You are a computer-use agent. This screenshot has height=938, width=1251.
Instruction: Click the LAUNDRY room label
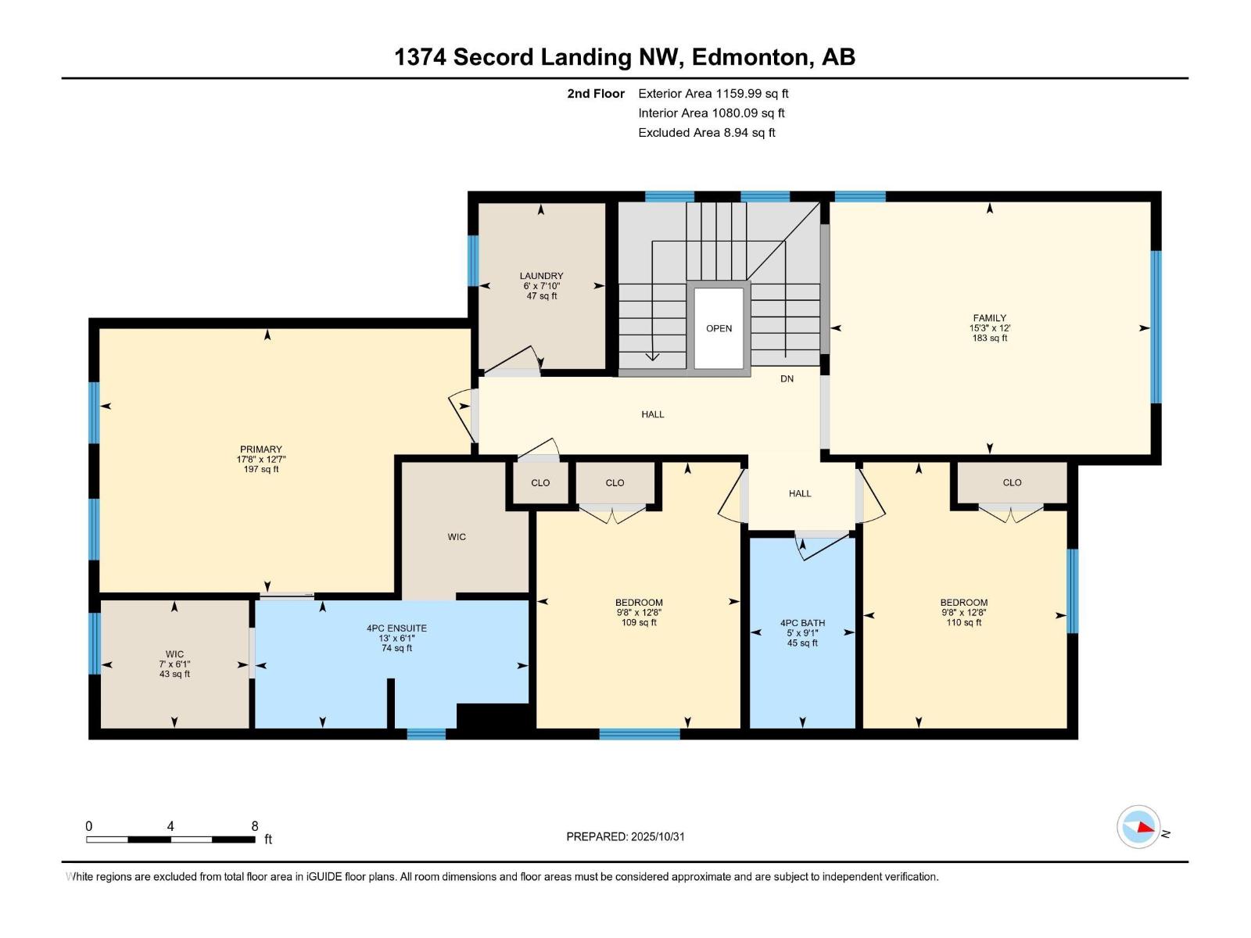541,285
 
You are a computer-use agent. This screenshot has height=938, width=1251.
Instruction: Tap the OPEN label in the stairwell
719,328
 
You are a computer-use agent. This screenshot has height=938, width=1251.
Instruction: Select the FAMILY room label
989,328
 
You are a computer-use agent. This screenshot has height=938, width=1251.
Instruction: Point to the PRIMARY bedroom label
260,459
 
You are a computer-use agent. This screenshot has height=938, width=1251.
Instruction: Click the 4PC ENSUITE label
396,638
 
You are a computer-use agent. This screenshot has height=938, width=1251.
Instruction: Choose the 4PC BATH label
802,633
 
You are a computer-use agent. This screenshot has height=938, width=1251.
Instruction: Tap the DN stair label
787,378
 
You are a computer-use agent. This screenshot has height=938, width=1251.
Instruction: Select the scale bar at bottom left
170,840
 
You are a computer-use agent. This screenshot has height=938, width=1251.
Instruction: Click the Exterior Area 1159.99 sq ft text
713,94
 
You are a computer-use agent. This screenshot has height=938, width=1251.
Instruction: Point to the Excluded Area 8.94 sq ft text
706,133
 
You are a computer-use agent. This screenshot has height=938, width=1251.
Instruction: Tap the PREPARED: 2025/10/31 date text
625,836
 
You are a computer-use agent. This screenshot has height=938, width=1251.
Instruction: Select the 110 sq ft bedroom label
963,612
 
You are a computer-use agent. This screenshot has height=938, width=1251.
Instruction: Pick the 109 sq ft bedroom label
639,612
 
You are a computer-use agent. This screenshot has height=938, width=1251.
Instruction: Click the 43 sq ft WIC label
174,664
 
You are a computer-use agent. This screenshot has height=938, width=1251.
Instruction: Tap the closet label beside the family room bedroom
1012,482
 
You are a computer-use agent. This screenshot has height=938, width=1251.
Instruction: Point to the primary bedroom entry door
461,406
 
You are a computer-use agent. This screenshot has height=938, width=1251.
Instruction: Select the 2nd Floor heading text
596,94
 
